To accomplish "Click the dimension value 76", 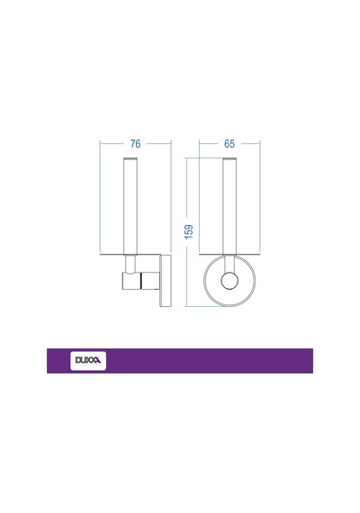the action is tap(136, 144).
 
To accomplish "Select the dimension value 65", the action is tap(229, 144).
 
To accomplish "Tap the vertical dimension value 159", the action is tap(189, 231).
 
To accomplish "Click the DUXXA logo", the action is tap(88, 361).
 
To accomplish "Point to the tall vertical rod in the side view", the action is tap(130, 206).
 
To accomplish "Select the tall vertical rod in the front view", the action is tap(229, 206).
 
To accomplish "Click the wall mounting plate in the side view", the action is tap(166, 281).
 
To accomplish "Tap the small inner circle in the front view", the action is tap(229, 281).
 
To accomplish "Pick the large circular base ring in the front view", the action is tap(204, 281).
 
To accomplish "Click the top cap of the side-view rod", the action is tap(130, 159).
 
